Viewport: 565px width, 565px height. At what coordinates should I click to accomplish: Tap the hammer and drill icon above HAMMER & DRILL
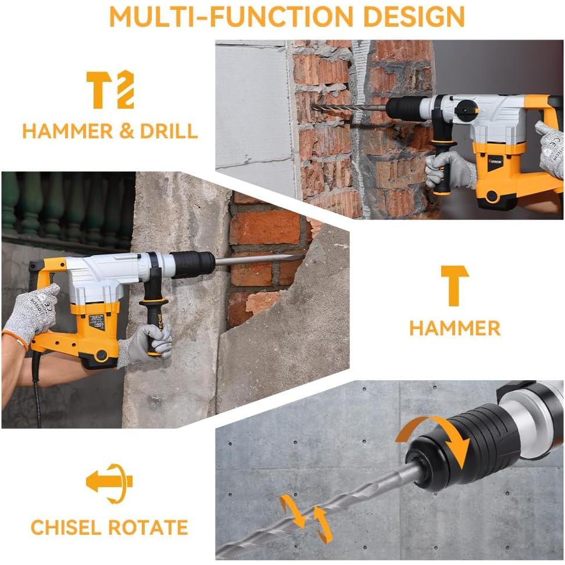(x=110, y=90)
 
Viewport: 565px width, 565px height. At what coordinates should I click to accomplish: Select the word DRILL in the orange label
(x=169, y=131)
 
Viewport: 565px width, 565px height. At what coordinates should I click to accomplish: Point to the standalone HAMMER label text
(x=454, y=328)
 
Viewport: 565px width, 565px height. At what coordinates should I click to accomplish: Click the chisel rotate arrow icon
(x=110, y=482)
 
